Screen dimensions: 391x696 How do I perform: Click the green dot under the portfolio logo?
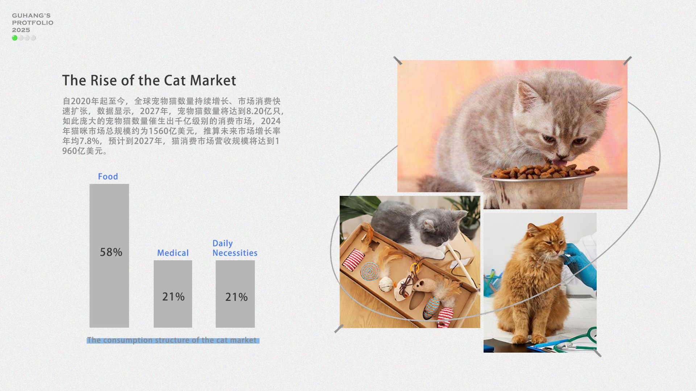(x=15, y=38)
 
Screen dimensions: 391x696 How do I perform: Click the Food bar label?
(x=108, y=177)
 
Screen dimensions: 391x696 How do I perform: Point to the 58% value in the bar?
(x=111, y=252)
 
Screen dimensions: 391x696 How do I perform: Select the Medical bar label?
(x=173, y=253)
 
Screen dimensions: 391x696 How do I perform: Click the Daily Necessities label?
(x=235, y=248)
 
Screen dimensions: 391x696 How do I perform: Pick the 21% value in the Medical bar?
(x=173, y=297)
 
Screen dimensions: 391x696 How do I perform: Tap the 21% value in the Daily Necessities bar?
(x=236, y=297)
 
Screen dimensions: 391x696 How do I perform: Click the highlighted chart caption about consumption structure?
(x=173, y=340)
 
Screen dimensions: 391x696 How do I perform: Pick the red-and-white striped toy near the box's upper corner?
(x=353, y=259)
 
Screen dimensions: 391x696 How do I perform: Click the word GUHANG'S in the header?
(x=31, y=16)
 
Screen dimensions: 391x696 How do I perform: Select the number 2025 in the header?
(x=21, y=30)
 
